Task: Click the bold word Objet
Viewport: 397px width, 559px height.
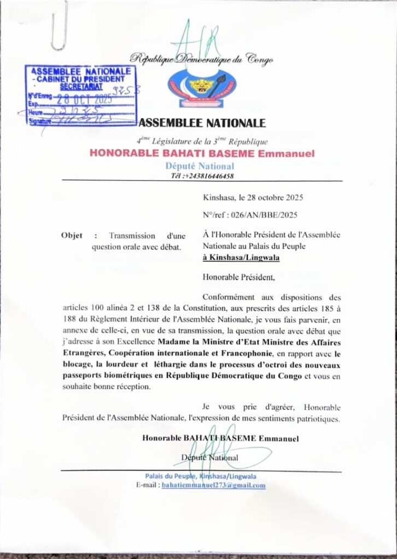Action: click(x=73, y=236)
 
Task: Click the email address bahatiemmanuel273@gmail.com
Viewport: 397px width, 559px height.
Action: click(x=214, y=485)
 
